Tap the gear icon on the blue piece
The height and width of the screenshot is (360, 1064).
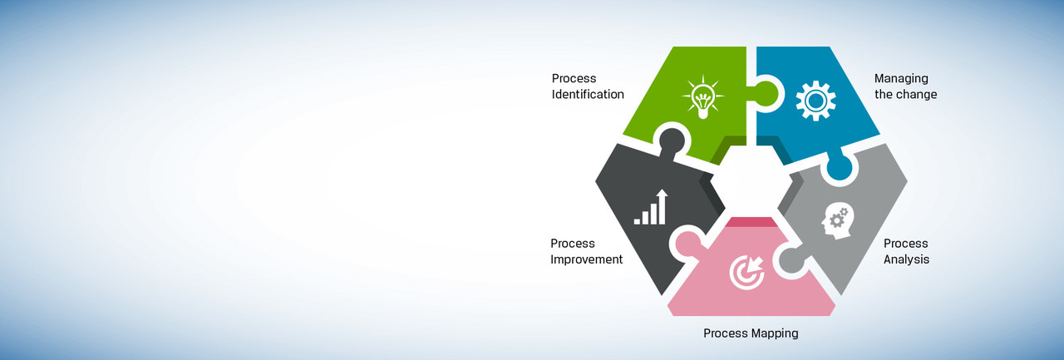click(x=815, y=101)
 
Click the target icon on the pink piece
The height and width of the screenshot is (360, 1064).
click(x=746, y=272)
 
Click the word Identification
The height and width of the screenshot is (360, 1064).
click(x=588, y=95)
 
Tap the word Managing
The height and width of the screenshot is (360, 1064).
click(x=901, y=79)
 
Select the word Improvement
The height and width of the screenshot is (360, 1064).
click(x=586, y=259)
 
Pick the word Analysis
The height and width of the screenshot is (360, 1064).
click(x=906, y=259)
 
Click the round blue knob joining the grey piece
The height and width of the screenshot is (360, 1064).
click(x=838, y=169)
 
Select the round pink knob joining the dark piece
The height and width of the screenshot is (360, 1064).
click(x=686, y=243)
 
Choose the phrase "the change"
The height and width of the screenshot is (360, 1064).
click(x=905, y=95)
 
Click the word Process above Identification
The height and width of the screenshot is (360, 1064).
click(x=574, y=79)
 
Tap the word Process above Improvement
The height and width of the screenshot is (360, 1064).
click(x=573, y=244)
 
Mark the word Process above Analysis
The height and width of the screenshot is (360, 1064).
click(x=905, y=244)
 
